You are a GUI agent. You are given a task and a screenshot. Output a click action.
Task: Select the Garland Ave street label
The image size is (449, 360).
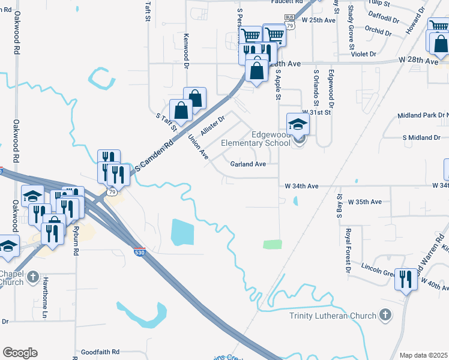click(248, 164)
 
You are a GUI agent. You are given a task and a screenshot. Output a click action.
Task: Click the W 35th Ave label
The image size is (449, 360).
click(364, 202)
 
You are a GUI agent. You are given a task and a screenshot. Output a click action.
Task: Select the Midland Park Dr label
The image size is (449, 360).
click(423, 116)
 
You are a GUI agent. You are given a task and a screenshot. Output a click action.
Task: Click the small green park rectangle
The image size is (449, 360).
click(273, 244)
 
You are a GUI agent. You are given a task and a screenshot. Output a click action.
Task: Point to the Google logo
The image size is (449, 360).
click(20, 353)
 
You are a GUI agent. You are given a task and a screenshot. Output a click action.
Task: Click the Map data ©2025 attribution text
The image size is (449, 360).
click(423, 355)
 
